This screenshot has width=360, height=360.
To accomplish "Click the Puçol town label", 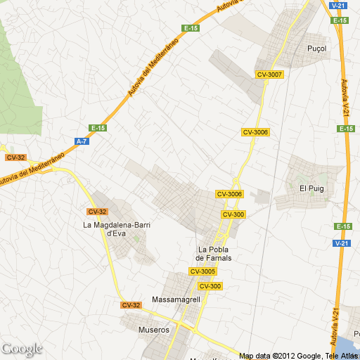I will tap(318, 49).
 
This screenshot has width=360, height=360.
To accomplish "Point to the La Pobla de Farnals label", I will tap(215, 254).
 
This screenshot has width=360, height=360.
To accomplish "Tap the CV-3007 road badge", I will tap(269, 75).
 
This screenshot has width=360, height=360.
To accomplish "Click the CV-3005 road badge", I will tap(202, 271).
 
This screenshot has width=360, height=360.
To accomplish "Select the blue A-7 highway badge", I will tap(82, 141).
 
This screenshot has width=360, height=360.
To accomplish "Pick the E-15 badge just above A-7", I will tap(98, 128).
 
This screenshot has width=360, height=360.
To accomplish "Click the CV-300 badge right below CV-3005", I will tap(210, 286).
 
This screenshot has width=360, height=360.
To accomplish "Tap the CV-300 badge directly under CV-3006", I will tap(233, 214).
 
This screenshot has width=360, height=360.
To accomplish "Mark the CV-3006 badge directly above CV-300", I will tap(229, 194).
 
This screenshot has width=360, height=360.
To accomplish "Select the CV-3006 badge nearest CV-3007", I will tap(255, 132).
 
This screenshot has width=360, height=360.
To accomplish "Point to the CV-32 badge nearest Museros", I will tap(131, 305).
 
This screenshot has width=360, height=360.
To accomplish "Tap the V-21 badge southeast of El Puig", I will tap(342, 243).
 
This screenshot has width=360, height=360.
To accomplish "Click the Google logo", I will tap(22, 349).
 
